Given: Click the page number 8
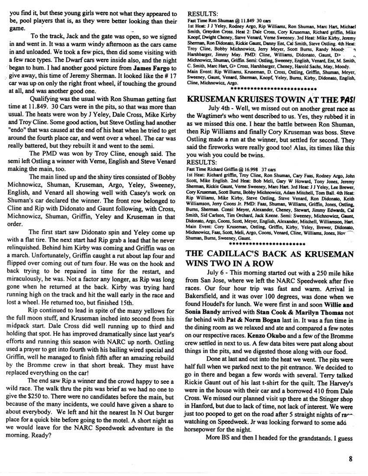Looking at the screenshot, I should click(x=353, y=460).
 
